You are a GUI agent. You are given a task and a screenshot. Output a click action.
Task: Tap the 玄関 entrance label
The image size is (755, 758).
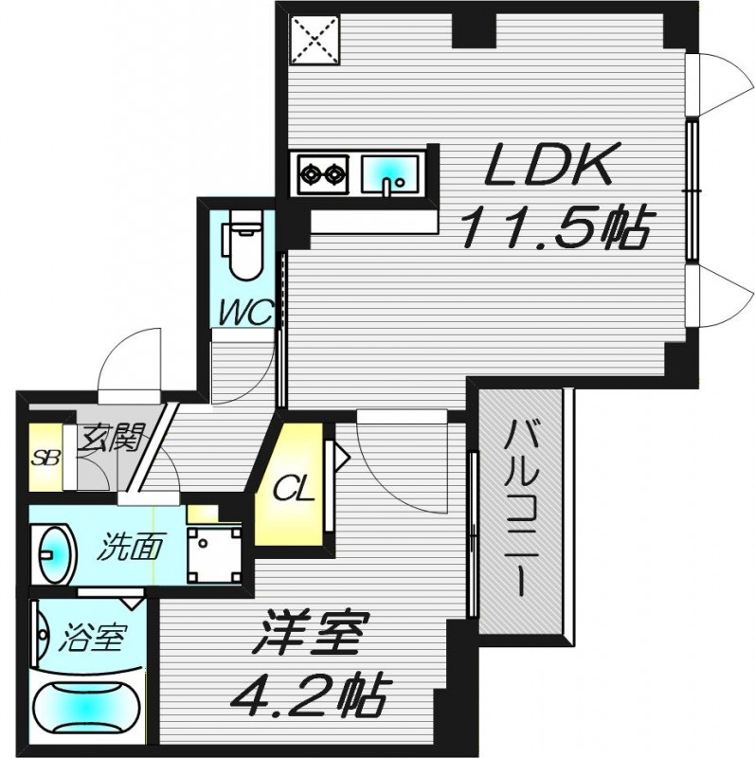tap(111, 438)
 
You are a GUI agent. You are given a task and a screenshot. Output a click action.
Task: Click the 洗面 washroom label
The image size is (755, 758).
tap(128, 547)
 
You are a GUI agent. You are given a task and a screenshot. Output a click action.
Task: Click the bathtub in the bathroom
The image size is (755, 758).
tap(87, 707)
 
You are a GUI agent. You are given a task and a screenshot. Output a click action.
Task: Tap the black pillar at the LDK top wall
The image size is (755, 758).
tap(473, 29)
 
